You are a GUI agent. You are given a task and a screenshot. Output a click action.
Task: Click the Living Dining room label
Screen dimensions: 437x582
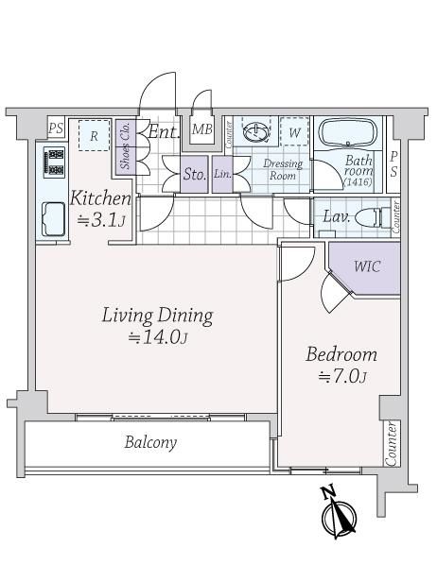click(158, 316)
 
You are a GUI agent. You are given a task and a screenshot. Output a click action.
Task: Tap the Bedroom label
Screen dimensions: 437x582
click(341, 354)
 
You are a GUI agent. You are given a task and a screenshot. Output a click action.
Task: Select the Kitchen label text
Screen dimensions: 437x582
click(100, 198)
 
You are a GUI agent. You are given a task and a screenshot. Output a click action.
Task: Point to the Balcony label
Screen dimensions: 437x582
click(151, 442)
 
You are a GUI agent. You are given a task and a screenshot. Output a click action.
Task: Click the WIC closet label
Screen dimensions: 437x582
click(367, 266)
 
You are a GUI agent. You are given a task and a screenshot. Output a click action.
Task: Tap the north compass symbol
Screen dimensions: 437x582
click(339, 514)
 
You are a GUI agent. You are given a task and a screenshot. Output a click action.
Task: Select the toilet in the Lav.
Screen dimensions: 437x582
click(373, 217)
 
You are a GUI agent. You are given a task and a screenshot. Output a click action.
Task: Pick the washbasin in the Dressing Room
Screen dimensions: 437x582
click(256, 131)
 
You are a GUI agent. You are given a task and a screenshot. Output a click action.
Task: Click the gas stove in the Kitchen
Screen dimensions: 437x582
click(54, 162)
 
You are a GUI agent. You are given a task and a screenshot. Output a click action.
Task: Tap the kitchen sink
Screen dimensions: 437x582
click(54, 219)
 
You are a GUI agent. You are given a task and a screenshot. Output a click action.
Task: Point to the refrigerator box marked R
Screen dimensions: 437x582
click(94, 135)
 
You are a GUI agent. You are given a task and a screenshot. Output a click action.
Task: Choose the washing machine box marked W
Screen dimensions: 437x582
click(294, 131)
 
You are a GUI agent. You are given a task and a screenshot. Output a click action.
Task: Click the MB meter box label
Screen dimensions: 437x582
click(202, 129)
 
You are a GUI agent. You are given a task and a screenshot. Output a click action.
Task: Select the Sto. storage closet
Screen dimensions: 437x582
click(194, 174)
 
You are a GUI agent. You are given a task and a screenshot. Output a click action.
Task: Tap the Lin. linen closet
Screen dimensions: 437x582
click(222, 174)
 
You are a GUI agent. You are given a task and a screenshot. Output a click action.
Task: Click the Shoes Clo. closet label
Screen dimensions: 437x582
click(126, 146)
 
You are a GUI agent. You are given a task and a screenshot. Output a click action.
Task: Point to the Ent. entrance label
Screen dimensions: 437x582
click(164, 131)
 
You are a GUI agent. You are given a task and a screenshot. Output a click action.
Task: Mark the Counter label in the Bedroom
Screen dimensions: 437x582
click(392, 443)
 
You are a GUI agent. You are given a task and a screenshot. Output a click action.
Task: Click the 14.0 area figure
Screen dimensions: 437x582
click(158, 337)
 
